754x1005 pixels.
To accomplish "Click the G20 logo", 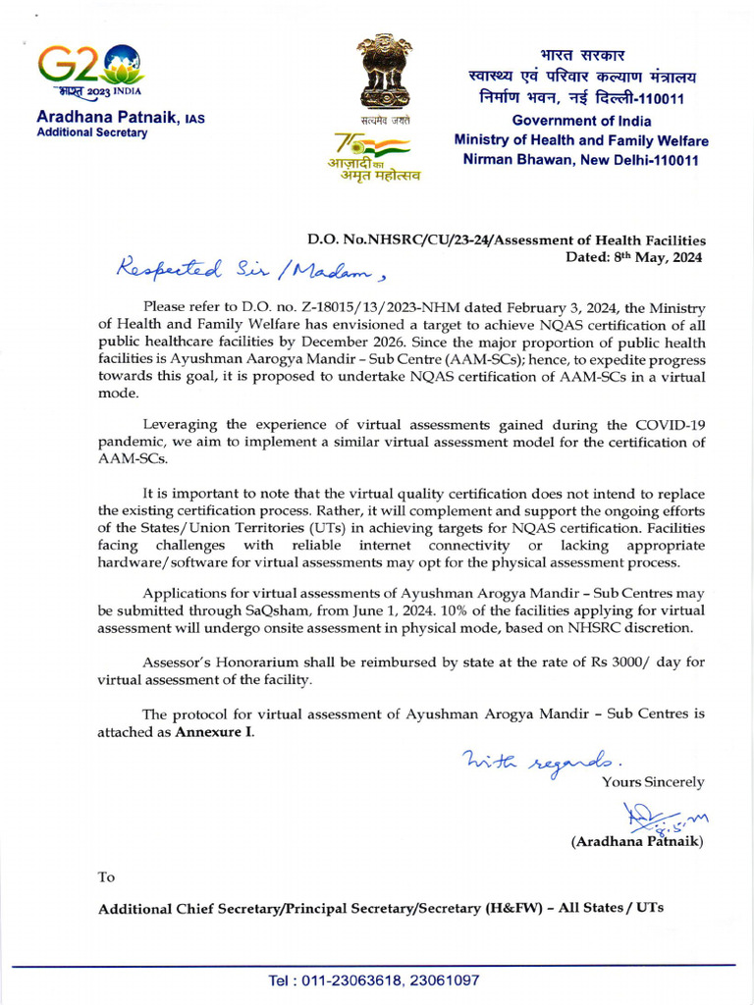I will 90,69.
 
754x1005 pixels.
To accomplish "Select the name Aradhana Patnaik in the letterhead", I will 106,118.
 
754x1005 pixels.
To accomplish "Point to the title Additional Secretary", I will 91,133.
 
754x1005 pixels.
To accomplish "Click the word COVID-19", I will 666,424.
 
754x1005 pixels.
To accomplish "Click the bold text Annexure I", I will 214,732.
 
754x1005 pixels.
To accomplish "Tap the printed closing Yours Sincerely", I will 652,782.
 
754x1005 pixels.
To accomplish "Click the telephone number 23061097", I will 445,980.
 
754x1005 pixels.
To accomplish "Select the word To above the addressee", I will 106,877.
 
